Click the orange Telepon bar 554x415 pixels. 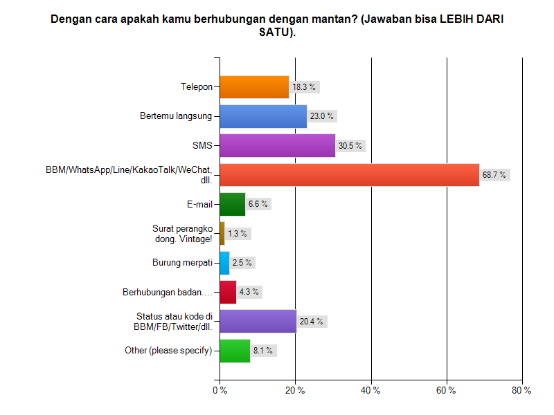click(x=254, y=87)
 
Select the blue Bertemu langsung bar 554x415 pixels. click(x=263, y=116)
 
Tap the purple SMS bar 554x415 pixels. click(x=277, y=145)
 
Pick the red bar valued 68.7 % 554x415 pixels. click(x=349, y=175)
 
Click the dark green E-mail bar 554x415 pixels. click(x=232, y=204)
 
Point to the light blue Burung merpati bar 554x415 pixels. click(x=224, y=263)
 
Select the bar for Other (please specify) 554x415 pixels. click(x=235, y=351)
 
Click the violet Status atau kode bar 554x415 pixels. click(x=258, y=322)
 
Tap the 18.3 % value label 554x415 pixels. click(x=304, y=87)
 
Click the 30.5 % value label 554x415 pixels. click(x=350, y=145)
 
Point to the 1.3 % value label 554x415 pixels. click(x=238, y=234)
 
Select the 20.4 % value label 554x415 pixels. click(x=312, y=322)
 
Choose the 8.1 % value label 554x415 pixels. click(x=265, y=351)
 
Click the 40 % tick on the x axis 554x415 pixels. click(x=371, y=391)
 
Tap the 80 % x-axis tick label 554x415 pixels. click(x=521, y=391)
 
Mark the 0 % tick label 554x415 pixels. click(x=220, y=391)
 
